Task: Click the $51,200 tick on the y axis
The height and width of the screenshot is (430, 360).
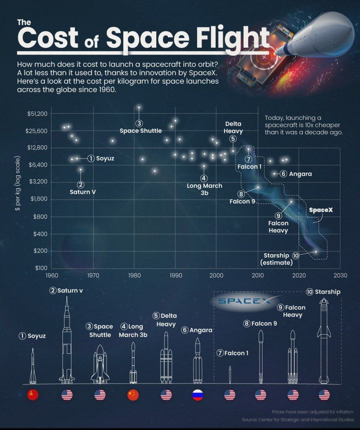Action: point(37,113)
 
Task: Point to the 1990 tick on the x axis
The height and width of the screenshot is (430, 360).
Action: point(176,275)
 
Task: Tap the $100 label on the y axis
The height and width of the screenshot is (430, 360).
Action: point(41,268)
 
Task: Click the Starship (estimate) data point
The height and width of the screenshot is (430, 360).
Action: point(316,252)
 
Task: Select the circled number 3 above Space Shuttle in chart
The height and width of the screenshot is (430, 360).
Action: point(139,123)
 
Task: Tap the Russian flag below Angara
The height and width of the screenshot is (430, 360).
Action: point(198,395)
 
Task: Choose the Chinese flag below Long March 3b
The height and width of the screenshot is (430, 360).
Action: point(133,395)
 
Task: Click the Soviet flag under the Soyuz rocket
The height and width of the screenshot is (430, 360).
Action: point(33,395)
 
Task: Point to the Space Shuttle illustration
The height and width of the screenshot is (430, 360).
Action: point(100,364)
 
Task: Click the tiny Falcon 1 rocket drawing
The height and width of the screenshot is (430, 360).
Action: point(230,374)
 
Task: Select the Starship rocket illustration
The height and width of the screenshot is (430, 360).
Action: point(324,340)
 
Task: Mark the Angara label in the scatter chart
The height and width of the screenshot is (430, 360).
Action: point(301,174)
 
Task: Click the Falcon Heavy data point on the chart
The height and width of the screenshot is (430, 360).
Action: point(291,202)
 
